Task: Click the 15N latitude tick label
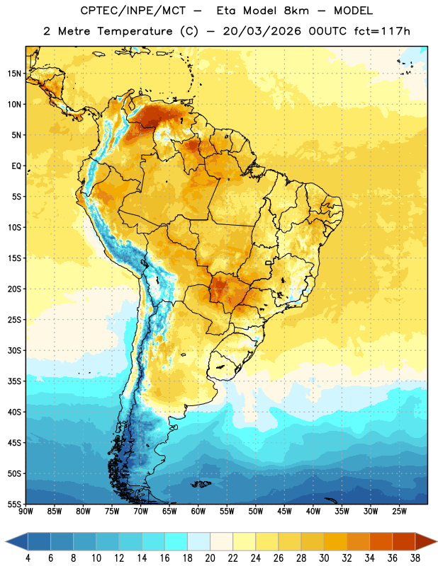pyautogui.click(x=14, y=74)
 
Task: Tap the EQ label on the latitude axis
pyautogui.click(x=16, y=166)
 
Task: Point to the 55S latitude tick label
pyautogui.click(x=14, y=504)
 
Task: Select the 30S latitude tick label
pyautogui.click(x=14, y=350)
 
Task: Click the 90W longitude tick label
pyautogui.click(x=26, y=512)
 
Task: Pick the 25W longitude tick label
pyautogui.click(x=399, y=512)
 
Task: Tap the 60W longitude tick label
pyautogui.click(x=198, y=512)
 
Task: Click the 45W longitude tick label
pyautogui.click(x=284, y=512)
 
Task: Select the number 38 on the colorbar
pyautogui.click(x=415, y=558)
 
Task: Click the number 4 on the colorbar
pyautogui.click(x=28, y=558)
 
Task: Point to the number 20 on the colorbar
pyautogui.click(x=210, y=558)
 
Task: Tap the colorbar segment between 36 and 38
pyautogui.click(x=404, y=541)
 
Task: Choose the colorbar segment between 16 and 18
pyautogui.click(x=176, y=541)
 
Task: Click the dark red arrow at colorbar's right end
pyautogui.click(x=426, y=541)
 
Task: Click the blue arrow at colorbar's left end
pyautogui.click(x=16, y=541)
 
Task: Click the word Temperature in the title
pyautogui.click(x=135, y=31)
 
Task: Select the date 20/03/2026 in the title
pyautogui.click(x=262, y=31)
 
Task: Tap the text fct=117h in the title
pyautogui.click(x=382, y=31)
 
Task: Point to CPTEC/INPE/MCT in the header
pyautogui.click(x=133, y=11)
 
